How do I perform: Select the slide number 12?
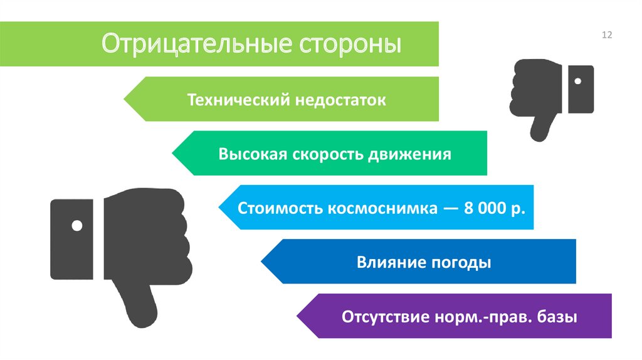[x=606, y=35]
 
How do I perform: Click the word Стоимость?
[x=280, y=208]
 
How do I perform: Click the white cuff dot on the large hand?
[x=77, y=225]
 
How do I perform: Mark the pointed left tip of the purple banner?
[x=297, y=316]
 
